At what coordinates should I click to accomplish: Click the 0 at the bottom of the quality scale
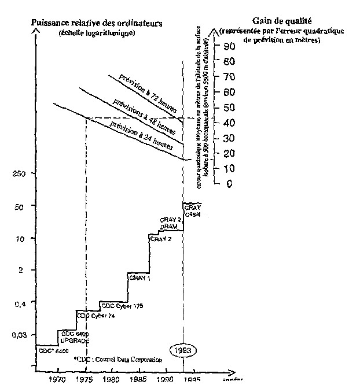230,183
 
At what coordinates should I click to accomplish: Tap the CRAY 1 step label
139,278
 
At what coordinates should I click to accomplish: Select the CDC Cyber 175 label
122,305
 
